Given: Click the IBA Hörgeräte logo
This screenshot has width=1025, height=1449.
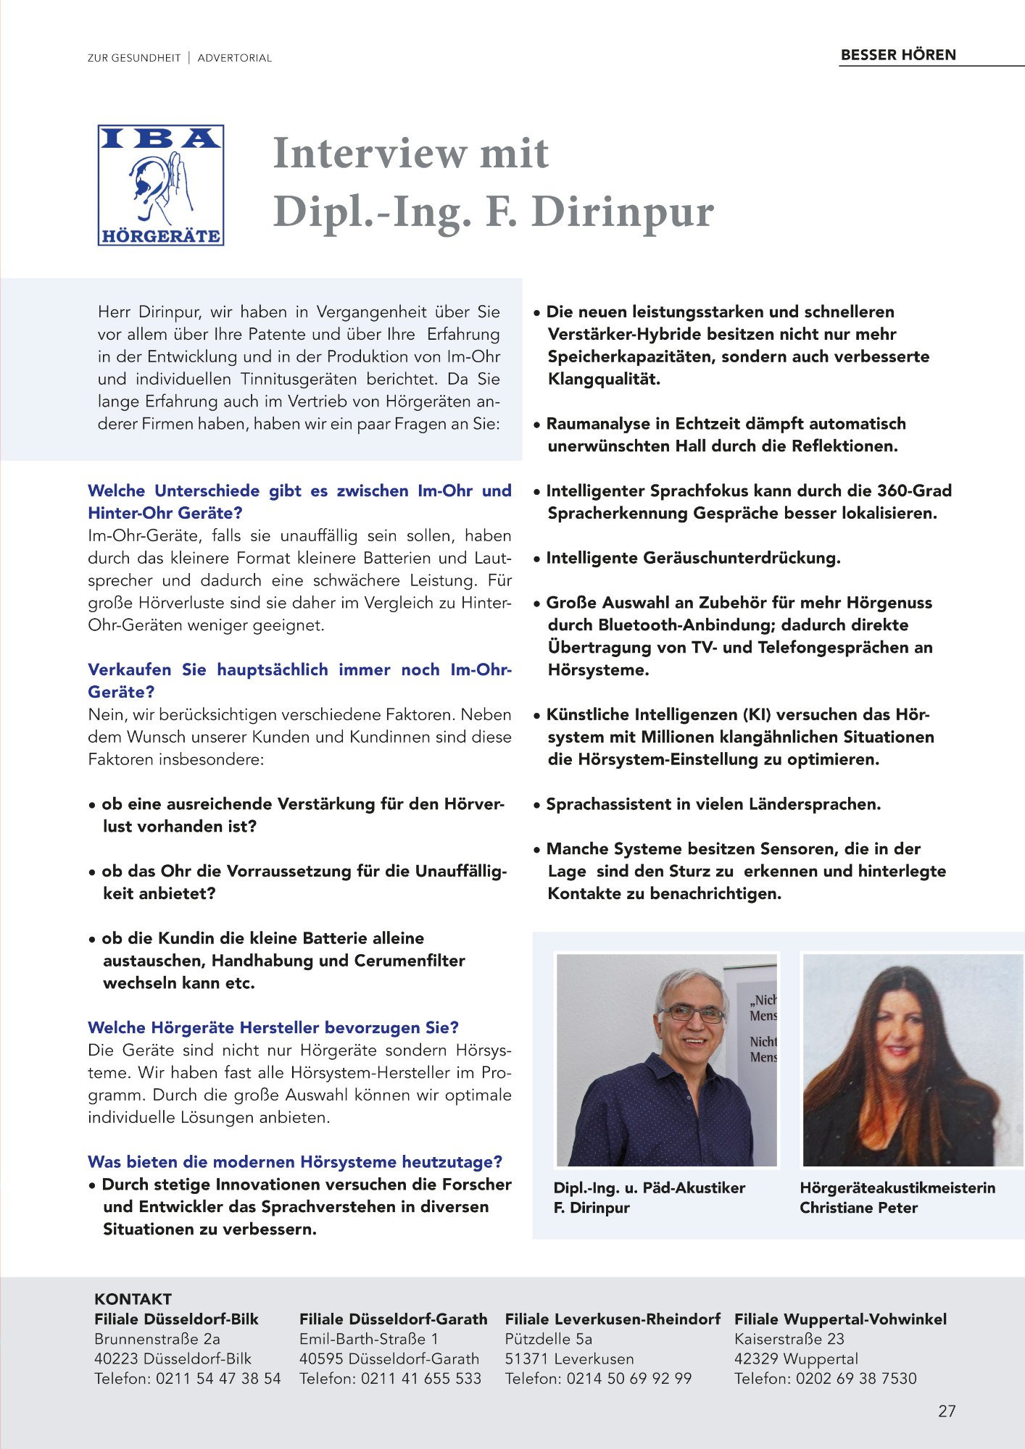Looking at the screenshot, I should (160, 185).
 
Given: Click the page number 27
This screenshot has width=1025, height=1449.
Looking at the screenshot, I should (947, 1411).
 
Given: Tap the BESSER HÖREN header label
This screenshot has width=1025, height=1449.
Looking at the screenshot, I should (898, 55).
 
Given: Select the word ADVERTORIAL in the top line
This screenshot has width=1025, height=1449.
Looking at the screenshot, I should (234, 58).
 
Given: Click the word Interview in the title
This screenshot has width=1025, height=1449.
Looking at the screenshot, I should (369, 154).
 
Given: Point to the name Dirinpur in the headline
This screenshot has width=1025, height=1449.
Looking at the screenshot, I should (623, 212).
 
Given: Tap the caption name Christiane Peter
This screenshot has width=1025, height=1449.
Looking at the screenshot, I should (858, 1208).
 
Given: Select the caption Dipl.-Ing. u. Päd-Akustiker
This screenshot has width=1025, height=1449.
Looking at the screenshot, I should (649, 1188).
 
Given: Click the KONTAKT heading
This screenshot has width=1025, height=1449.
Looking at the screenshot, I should (133, 1299).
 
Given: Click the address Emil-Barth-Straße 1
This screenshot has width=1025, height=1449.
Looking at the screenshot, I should (368, 1339).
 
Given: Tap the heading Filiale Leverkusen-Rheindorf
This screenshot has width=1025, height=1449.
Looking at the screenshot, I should (613, 1319).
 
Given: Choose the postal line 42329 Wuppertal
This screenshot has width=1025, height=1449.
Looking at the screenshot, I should (796, 1358).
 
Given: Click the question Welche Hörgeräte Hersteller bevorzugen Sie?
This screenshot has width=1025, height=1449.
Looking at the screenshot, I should (273, 1027).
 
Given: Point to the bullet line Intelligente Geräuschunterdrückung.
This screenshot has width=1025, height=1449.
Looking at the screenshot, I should (693, 558).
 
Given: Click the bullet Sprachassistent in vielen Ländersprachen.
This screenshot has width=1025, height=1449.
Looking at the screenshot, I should (713, 804).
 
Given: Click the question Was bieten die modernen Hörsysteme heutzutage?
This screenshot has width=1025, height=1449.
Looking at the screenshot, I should (295, 1162).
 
